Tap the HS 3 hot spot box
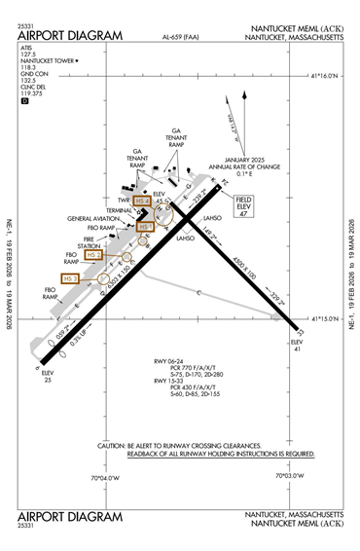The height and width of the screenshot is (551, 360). (x=69, y=278)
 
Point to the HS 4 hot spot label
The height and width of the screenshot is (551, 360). (x=142, y=202)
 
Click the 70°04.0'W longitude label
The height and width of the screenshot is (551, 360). (x=104, y=477)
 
